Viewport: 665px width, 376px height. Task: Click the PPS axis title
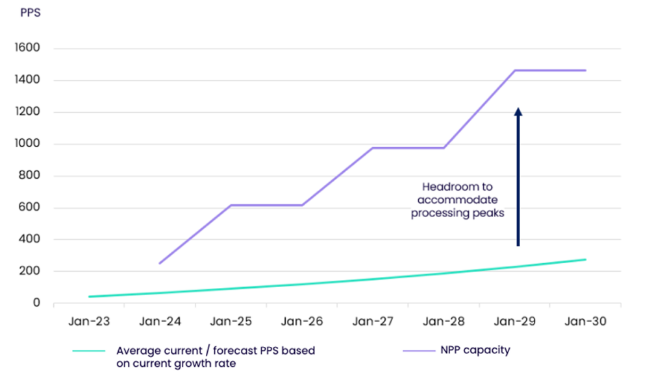point(30,12)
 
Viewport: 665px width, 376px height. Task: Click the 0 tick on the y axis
point(36,303)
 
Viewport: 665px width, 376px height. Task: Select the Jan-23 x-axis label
point(89,322)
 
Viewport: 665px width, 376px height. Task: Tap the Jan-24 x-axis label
point(160,322)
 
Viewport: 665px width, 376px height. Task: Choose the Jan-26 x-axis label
point(302,322)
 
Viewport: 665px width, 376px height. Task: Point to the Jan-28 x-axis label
point(444,322)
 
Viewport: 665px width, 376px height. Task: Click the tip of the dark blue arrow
point(518,109)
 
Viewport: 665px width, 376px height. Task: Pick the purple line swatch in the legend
point(421,351)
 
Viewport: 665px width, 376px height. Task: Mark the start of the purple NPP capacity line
point(160,263)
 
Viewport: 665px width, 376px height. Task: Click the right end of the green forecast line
point(586,259)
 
